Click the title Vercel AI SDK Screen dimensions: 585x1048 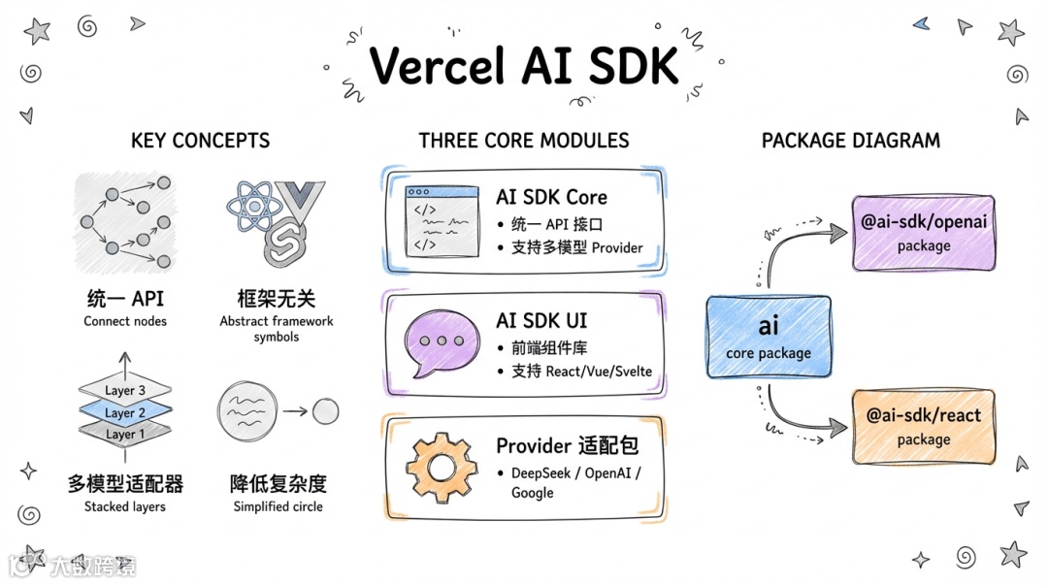(x=524, y=66)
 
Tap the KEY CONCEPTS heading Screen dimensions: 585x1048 (x=200, y=141)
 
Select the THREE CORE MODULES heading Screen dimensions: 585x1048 (x=524, y=141)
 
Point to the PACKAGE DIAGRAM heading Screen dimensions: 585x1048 (x=850, y=141)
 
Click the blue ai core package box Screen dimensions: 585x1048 (x=768, y=336)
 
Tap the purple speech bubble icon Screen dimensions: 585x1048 (x=442, y=342)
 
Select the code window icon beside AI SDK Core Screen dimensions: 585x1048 (x=442, y=221)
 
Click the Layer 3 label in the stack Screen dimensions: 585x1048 (x=125, y=391)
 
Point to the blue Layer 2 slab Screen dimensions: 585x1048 (x=125, y=412)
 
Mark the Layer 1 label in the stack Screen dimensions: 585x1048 (x=121, y=434)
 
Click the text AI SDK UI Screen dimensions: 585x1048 (x=541, y=321)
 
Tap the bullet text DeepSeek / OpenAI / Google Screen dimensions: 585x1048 (x=576, y=482)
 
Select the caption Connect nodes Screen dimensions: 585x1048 (x=125, y=321)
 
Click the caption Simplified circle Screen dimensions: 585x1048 (x=278, y=506)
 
